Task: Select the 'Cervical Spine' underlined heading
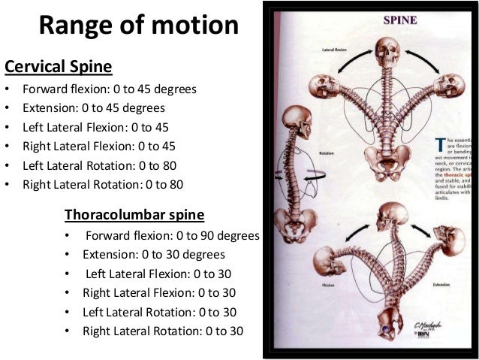(59, 68)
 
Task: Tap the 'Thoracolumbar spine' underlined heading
(134, 216)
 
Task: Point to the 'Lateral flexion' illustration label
(334, 50)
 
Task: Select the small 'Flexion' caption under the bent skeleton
(327, 286)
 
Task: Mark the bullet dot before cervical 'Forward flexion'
(8, 90)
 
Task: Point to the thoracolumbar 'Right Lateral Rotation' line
(164, 331)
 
